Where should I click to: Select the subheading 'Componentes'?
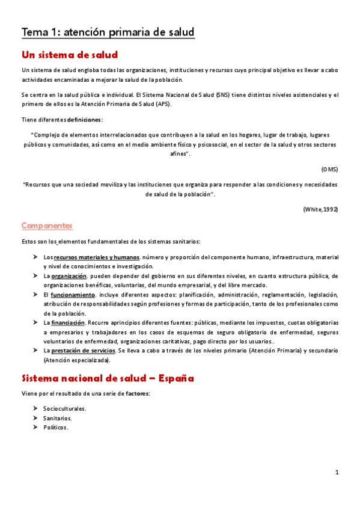pyautogui.click(x=47, y=226)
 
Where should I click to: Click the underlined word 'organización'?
pyautogui.click(x=69, y=276)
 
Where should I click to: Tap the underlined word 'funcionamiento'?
pyautogui.click(x=73, y=295)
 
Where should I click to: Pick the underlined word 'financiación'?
pyautogui.click(x=68, y=323)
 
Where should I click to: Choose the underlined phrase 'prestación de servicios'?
pyautogui.click(x=83, y=351)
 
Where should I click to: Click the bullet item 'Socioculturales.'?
pyautogui.click(x=64, y=409)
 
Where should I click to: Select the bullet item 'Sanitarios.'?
pyautogui.click(x=57, y=418)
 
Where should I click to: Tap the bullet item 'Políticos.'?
pyautogui.click(x=55, y=428)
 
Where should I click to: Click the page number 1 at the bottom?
pyautogui.click(x=337, y=473)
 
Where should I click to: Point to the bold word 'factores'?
pyautogui.click(x=138, y=393)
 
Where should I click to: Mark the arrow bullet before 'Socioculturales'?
pyautogui.click(x=36, y=409)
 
